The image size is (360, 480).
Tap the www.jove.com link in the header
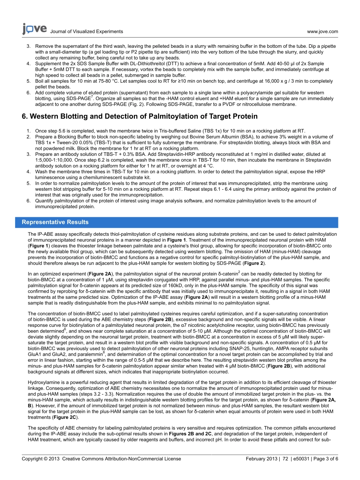(x=322, y=32)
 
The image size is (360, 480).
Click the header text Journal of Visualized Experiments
(x=86, y=32)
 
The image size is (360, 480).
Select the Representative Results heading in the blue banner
(x=55, y=222)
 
